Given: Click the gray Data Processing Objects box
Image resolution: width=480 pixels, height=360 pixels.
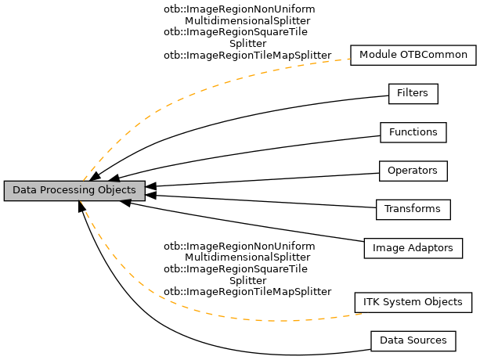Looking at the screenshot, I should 74,190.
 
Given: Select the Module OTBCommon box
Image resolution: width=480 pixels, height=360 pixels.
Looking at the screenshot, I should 413,56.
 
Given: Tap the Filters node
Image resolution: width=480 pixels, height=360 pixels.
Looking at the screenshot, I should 413,94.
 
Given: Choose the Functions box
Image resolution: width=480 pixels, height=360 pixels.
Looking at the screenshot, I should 413,132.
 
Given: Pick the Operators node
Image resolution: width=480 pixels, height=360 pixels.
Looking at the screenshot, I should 413,170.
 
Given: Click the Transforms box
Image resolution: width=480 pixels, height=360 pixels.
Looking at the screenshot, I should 413,209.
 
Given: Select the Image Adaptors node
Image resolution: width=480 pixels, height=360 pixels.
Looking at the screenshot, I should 413,248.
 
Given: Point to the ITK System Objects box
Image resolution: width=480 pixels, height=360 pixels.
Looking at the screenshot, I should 413,301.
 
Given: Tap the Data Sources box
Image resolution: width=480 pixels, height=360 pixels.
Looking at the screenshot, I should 413,340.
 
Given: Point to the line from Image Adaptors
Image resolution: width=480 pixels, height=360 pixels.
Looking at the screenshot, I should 251,223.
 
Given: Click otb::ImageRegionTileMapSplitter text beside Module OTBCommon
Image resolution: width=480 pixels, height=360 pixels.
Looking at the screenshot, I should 247,56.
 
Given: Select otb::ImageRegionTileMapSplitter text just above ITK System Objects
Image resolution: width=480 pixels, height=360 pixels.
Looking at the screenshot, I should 247,292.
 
